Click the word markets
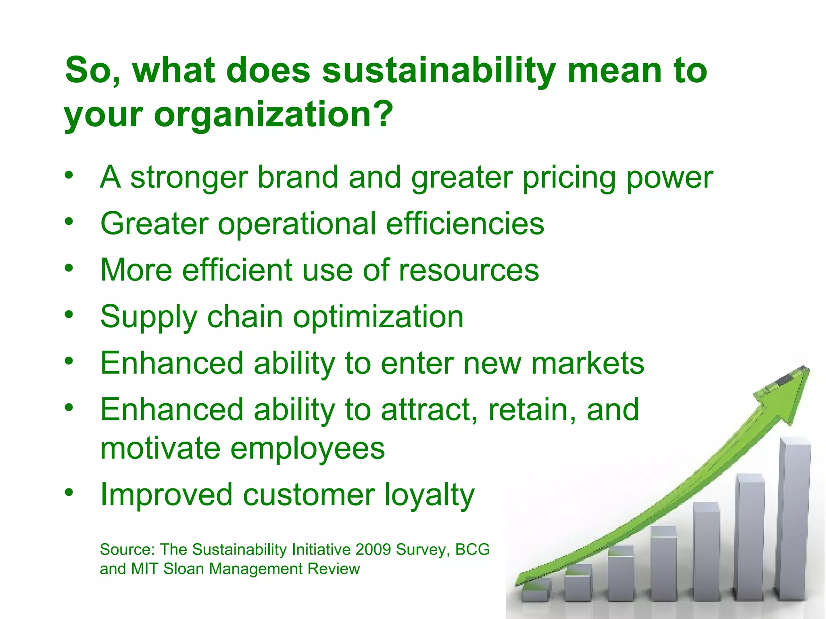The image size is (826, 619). (587, 364)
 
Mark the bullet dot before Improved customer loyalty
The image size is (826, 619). (69, 492)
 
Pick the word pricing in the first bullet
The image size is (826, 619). (569, 178)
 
